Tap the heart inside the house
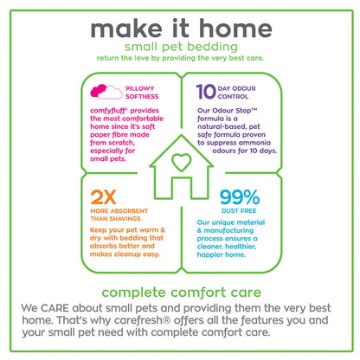coord(181,162)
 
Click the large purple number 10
coord(206,92)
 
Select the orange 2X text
coord(103,197)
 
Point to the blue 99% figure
coord(240,197)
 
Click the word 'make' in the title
coord(126,29)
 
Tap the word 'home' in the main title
coord(235,29)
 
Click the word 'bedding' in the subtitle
coord(212,47)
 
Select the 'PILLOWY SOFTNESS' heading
coord(142,93)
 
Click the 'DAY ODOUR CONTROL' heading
coord(237,93)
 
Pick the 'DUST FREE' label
coord(239,211)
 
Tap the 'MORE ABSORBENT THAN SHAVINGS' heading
coord(119,215)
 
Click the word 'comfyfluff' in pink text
coord(109,111)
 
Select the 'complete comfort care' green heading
coord(181,292)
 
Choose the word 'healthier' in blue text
coord(241,247)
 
